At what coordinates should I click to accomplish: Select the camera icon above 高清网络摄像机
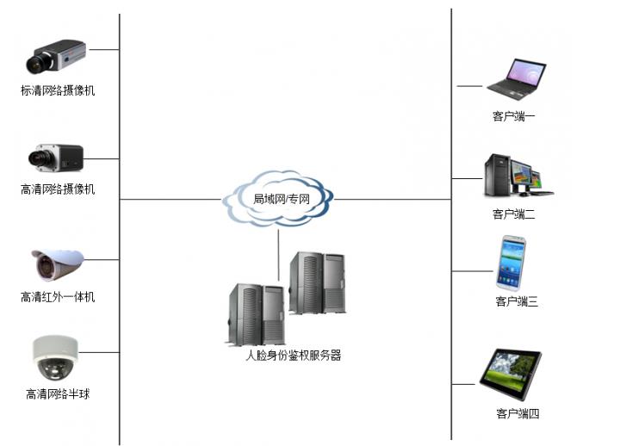pos(56,156)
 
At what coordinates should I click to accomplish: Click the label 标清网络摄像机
pos(58,90)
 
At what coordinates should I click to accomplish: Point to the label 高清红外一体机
pos(58,297)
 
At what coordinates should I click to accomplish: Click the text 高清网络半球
pos(58,394)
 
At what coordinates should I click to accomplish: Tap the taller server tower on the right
pos(317,284)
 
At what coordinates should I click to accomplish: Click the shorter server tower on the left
pos(256,314)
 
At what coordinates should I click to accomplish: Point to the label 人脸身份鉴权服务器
pos(293,355)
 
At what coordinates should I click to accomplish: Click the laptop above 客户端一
pos(515,77)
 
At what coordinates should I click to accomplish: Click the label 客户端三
pos(517,301)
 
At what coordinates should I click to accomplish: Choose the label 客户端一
pos(514,115)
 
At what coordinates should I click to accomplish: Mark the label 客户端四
pos(517,414)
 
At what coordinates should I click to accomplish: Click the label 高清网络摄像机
pos(58,189)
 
